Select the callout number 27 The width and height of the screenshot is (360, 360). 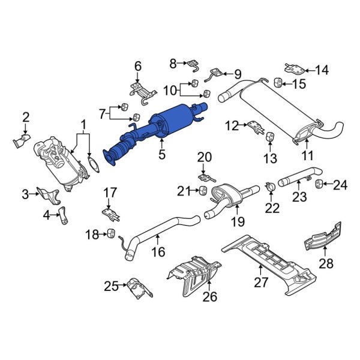pyautogui.click(x=262, y=283)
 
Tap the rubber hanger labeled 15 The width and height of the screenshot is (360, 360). pyautogui.click(x=279, y=82)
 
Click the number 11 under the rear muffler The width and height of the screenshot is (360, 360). pyautogui.click(x=307, y=157)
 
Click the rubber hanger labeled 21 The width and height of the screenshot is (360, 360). pyautogui.click(x=203, y=191)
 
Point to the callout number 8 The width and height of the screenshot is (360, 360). pyautogui.click(x=173, y=62)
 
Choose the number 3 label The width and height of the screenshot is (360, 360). pyautogui.click(x=25, y=194)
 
